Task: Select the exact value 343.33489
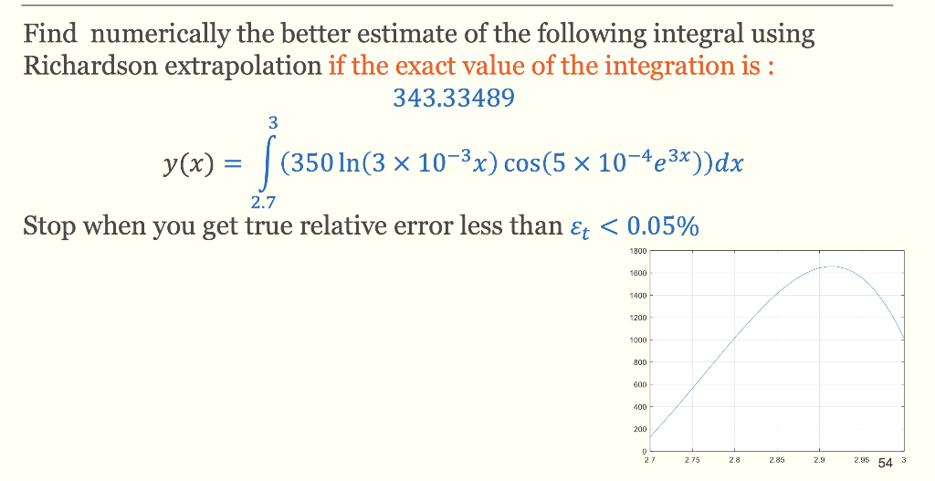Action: pyautogui.click(x=453, y=99)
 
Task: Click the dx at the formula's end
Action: pyautogui.click(x=729, y=164)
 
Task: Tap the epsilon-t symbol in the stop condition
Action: pyautogui.click(x=576, y=227)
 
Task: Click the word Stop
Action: pyautogui.click(x=49, y=225)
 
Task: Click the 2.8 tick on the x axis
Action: pyautogui.click(x=733, y=463)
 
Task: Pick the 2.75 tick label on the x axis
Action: pyautogui.click(x=690, y=463)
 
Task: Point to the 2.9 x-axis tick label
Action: pyautogui.click(x=819, y=463)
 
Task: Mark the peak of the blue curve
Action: pyautogui.click(x=833, y=267)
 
